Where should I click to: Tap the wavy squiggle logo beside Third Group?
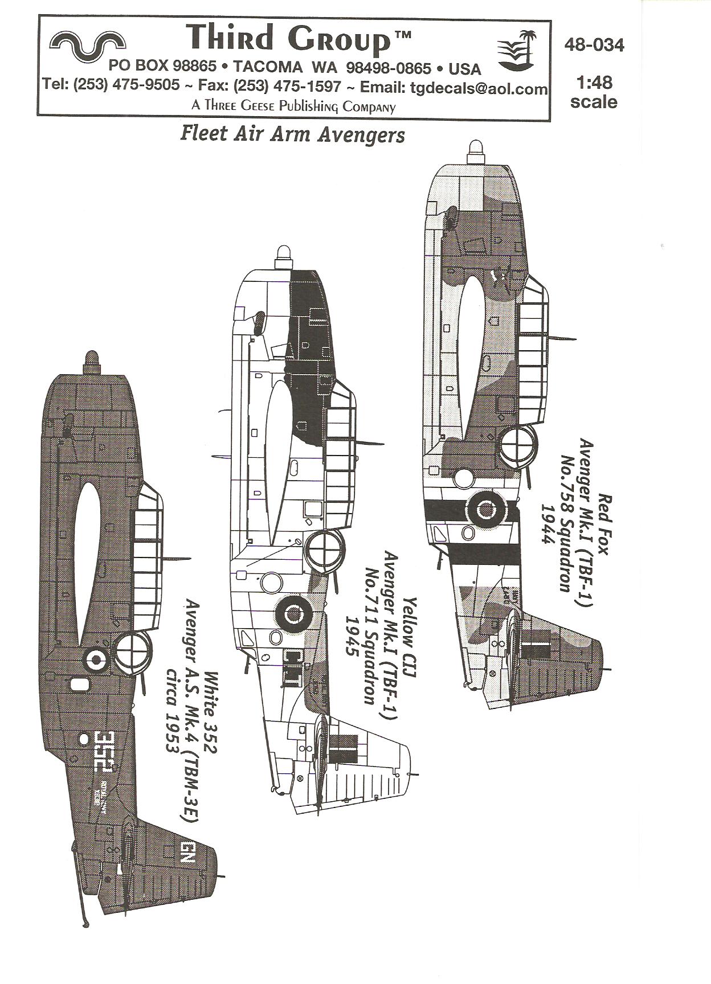[x=88, y=43]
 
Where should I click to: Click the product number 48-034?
[x=594, y=45]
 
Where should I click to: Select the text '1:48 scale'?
[x=594, y=92]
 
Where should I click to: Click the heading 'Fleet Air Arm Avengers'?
[x=292, y=134]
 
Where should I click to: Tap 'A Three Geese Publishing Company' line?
[x=293, y=106]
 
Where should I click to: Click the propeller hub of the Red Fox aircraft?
[x=475, y=149]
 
